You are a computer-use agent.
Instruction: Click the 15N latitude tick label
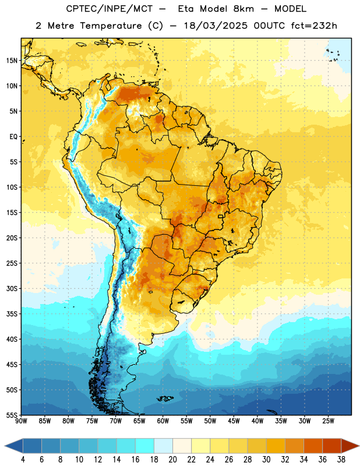[12, 61]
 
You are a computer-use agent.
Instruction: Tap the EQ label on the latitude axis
[13, 137]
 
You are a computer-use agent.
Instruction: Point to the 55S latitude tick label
[12, 415]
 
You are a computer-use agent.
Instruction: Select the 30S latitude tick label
[12, 288]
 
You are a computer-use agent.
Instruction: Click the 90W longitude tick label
[21, 421]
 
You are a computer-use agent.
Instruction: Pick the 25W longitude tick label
[328, 421]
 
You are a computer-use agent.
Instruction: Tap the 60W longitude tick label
[163, 421]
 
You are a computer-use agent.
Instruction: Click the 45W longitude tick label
[234, 421]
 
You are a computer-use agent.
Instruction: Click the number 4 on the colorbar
[23, 460]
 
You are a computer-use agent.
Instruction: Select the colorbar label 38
[341, 460]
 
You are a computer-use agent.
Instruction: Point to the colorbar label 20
[172, 460]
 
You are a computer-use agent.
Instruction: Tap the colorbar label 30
[266, 460]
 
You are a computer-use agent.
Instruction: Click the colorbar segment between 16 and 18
[144, 446]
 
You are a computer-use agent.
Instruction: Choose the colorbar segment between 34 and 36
[313, 446]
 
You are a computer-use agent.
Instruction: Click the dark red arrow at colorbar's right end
[350, 446]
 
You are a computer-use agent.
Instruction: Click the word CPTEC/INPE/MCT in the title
[110, 9]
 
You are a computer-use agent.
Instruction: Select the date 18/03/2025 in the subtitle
[216, 26]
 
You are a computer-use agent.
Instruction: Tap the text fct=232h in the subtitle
[314, 26]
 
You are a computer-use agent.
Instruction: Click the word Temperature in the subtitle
[111, 26]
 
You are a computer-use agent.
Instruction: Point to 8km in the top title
[243, 9]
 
